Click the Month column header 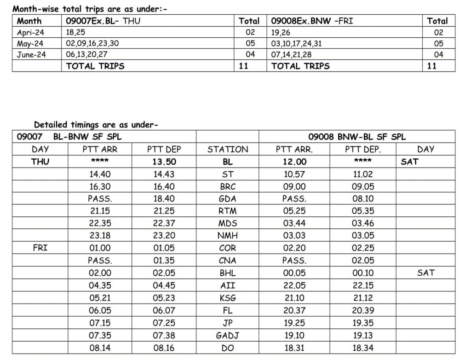(x=29, y=21)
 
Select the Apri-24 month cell (x=30, y=32)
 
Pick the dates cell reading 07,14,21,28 (x=291, y=54)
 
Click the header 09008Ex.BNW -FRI (x=312, y=21)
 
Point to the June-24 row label (x=31, y=54)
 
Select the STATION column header (x=228, y=149)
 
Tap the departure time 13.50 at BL (x=164, y=162)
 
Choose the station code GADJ (x=228, y=336)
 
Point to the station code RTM (x=228, y=211)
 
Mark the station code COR (x=228, y=248)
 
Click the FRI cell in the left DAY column (x=40, y=248)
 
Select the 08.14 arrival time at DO (x=100, y=348)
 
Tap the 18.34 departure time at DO (x=363, y=348)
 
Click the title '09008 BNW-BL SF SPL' (x=357, y=137)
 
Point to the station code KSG (x=228, y=298)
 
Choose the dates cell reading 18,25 (x=75, y=32)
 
